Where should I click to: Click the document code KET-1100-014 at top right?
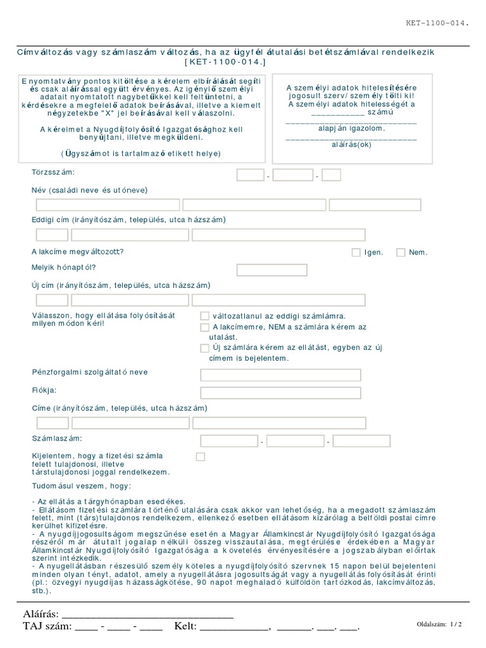coord(437,23)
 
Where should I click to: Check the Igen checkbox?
coord(356,252)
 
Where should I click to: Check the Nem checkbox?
coord(401,252)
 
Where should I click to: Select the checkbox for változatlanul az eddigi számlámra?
coord(204,316)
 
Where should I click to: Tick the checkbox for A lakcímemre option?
coord(204,327)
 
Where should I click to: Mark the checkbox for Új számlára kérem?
coord(204,348)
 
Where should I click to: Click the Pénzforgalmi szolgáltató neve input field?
coord(280,375)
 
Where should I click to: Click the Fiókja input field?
coord(280,392)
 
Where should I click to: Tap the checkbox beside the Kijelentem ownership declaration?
coord(201,456)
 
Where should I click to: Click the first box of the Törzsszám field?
coord(250,175)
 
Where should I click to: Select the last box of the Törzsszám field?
coord(332,175)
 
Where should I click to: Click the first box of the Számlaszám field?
coord(229,440)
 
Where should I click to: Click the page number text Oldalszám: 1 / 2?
coord(440,624)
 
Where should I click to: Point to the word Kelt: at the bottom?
coord(183,627)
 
